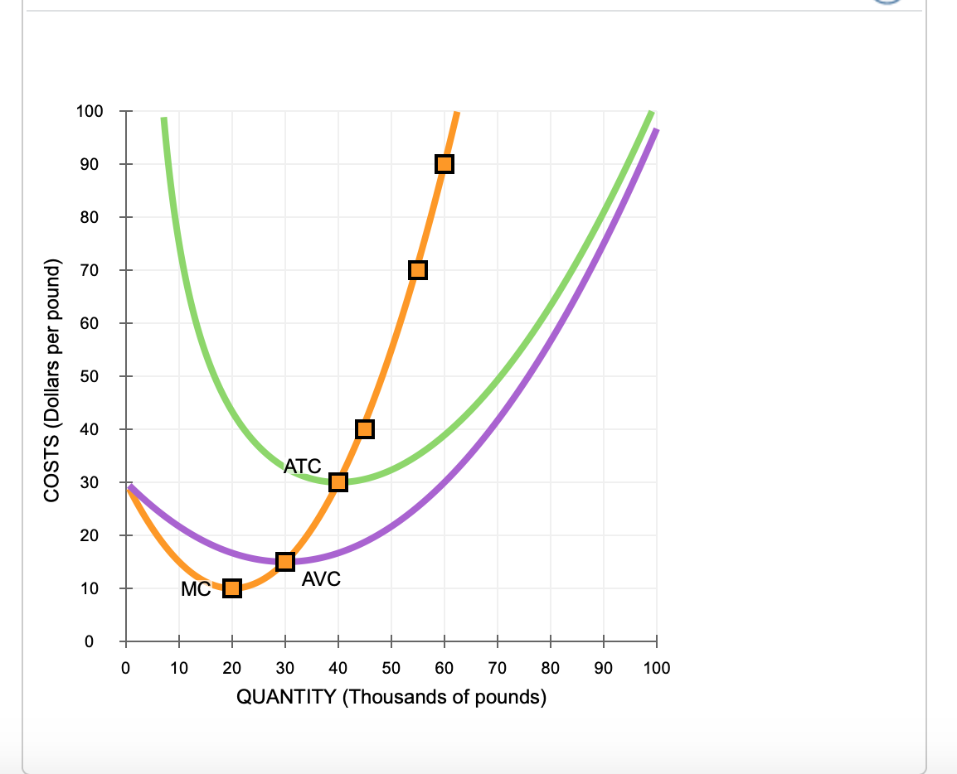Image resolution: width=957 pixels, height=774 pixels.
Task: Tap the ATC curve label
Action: click(x=303, y=467)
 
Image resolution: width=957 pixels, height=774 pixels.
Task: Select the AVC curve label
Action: click(x=321, y=579)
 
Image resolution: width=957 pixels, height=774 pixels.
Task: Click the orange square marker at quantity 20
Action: click(x=232, y=588)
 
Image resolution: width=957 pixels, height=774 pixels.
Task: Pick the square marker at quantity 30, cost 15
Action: click(x=285, y=562)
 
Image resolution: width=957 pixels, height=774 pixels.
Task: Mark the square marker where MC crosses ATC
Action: click(x=338, y=482)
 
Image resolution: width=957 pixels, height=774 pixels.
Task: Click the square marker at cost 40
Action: click(x=365, y=429)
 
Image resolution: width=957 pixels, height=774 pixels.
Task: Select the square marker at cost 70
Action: click(x=418, y=270)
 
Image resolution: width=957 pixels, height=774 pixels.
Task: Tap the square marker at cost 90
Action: click(x=444, y=164)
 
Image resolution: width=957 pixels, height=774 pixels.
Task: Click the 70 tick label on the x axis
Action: click(x=498, y=667)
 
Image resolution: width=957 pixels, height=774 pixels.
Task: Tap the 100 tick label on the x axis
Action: click(x=657, y=667)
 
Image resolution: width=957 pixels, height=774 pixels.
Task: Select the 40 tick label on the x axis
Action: click(x=338, y=667)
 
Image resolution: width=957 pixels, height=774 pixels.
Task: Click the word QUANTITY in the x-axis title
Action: click(x=287, y=697)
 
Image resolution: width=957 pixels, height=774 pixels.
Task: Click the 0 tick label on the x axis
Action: click(x=126, y=667)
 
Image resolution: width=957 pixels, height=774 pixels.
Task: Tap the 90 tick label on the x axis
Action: click(x=604, y=667)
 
